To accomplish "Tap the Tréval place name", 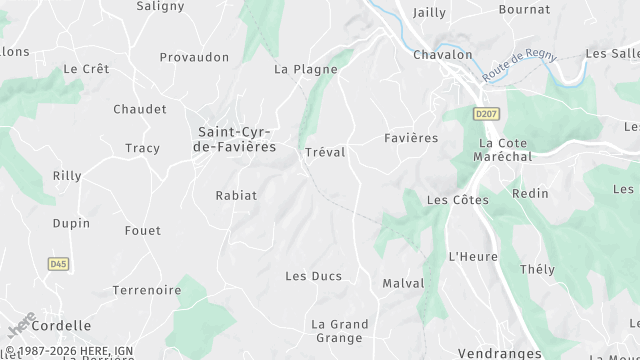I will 324,152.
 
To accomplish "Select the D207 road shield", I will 486,114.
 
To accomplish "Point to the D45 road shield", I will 58,264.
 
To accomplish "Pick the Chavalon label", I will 442,55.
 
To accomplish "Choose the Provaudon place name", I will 194,58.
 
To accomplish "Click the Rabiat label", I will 236,196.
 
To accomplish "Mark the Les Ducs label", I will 313,276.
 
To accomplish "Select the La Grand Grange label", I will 340,331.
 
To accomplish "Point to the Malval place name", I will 403,284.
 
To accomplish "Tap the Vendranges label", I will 499,353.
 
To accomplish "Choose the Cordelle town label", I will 61,326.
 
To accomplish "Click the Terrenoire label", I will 147,291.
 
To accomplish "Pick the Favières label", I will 411,138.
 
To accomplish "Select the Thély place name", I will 537,270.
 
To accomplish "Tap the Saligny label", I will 160,6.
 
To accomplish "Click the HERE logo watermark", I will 21,326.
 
